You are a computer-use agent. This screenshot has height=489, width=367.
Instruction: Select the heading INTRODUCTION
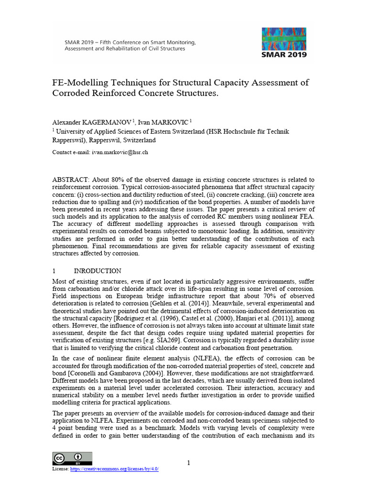97,271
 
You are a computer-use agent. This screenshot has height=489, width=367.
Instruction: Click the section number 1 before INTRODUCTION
54,271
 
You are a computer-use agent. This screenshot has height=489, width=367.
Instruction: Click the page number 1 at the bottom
188,462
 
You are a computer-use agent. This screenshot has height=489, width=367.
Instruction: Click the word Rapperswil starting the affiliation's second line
68,140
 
